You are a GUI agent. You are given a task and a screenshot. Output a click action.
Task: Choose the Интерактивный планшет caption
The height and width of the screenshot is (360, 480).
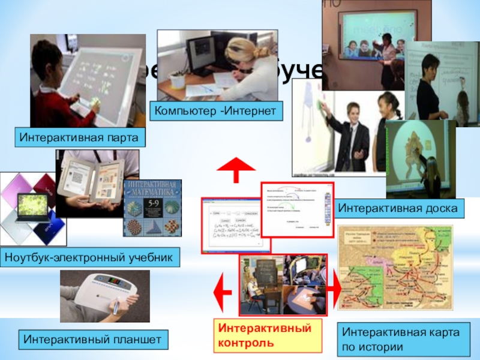click(x=93, y=340)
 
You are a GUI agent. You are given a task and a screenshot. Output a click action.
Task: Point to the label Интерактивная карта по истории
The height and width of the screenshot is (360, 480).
click(x=403, y=339)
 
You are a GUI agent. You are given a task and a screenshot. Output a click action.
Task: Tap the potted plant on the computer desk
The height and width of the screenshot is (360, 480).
click(x=177, y=79)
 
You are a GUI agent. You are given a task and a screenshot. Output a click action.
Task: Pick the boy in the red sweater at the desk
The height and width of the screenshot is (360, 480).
click(x=54, y=90)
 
